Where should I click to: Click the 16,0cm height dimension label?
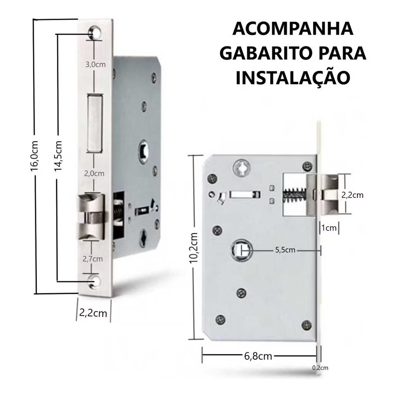coord(34,156)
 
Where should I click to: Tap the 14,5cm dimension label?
coord(58,156)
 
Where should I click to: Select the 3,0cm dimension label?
coord(95,65)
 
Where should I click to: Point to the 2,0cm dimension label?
coord(94,174)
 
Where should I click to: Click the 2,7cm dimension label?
coord(93,259)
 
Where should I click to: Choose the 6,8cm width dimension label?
coord(258,356)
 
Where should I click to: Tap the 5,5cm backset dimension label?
coord(285,250)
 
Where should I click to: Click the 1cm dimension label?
coord(329,228)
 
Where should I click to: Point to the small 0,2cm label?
coord(320,368)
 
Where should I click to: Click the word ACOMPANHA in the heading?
coord(293,29)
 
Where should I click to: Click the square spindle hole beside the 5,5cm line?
coord(242,250)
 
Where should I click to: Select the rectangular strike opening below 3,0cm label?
coord(95,123)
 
